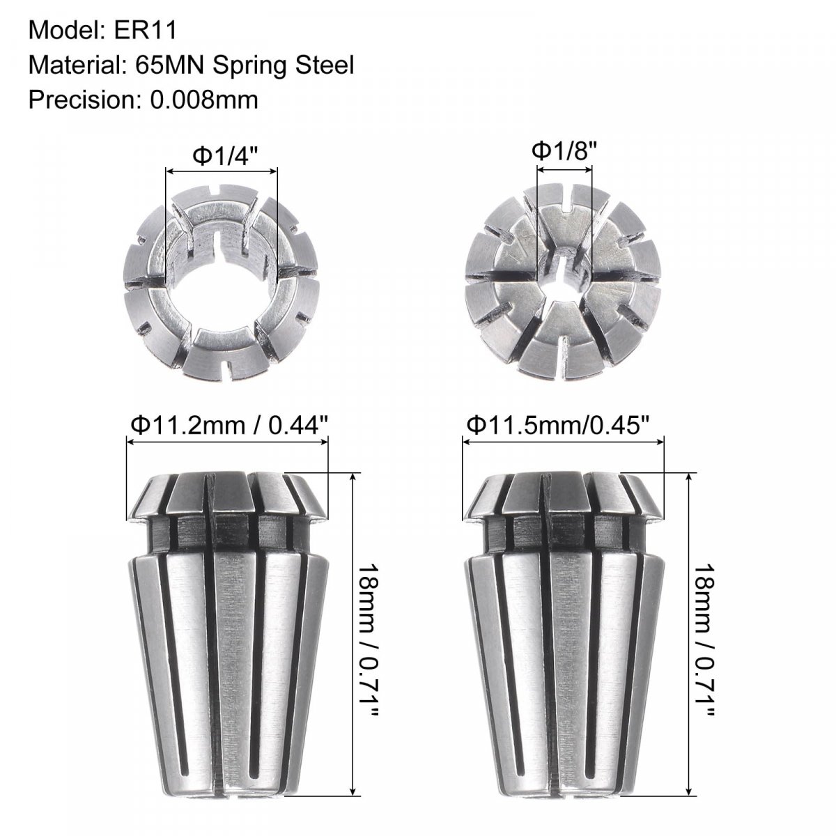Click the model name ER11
pos(146,31)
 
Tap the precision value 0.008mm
pos(204,100)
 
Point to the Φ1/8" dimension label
pos(564,150)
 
